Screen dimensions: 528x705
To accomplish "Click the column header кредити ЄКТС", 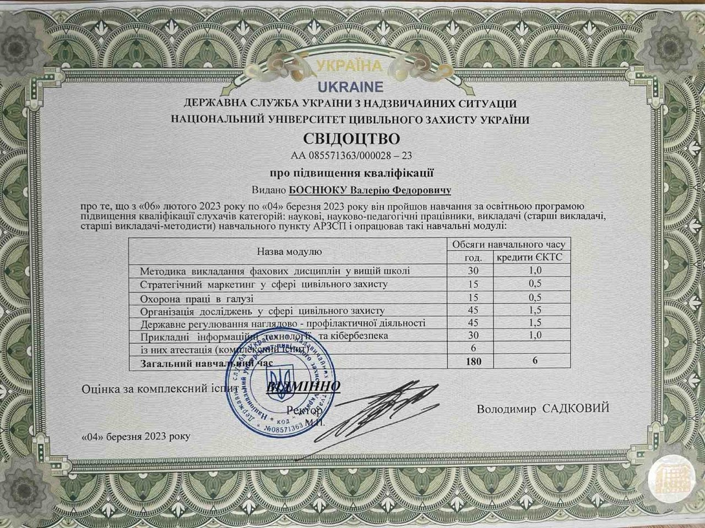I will pos(529,257).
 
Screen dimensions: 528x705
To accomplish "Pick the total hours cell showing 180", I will pos(473,361).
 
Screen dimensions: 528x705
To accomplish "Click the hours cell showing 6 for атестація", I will pos(473,348).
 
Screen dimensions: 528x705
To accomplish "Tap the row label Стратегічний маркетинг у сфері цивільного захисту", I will pos(264,284).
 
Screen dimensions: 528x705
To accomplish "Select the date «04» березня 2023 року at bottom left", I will pos(135,436).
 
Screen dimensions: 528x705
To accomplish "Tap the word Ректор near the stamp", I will pos(304,411).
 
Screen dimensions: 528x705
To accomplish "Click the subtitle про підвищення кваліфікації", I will pos(351,173).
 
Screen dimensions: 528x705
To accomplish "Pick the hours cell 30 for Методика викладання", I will pos(473,271).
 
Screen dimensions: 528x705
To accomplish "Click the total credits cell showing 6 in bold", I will pos(534,361).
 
